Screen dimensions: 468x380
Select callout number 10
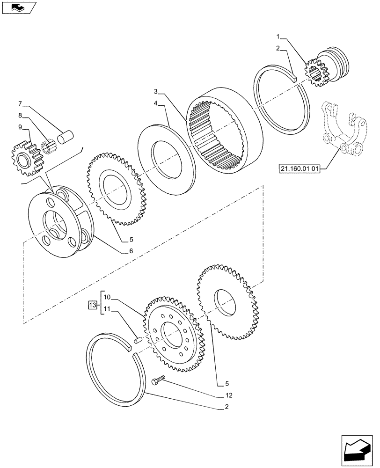pyautogui.click(x=107, y=297)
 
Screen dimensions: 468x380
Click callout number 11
pyautogui.click(x=107, y=309)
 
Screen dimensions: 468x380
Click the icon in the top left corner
pyautogui.click(x=19, y=7)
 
